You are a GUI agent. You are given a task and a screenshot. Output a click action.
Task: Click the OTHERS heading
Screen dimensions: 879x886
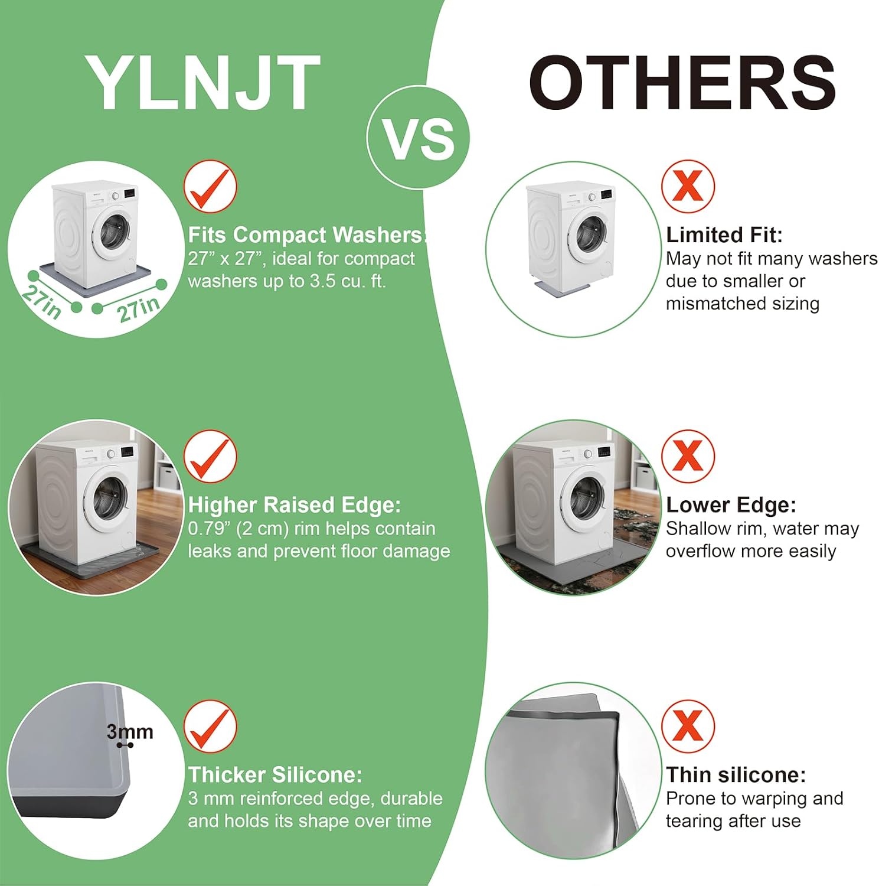pos(682,82)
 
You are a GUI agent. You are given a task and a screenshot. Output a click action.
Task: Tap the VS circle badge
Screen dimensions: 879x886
pos(419,138)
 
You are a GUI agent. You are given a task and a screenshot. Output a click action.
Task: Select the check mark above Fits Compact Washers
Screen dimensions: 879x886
pos(210,187)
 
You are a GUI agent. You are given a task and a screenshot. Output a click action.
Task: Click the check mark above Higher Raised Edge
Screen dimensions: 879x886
pos(210,457)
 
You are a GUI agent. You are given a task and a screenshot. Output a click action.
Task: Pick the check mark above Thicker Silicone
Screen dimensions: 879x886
pos(210,727)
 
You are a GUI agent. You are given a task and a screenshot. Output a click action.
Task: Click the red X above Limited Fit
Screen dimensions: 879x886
pos(688,187)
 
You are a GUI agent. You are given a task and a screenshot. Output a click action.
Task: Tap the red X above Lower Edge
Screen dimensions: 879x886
pos(688,457)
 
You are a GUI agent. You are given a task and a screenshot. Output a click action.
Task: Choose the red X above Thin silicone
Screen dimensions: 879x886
pos(688,727)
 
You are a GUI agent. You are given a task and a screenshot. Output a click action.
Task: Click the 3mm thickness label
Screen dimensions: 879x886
pos(130,732)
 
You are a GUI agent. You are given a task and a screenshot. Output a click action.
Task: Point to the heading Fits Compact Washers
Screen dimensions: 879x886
pos(306,235)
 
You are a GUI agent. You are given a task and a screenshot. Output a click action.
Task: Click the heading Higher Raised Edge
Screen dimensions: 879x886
pos(295,505)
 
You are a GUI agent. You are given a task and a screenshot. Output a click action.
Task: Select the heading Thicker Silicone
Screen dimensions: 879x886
pos(275,774)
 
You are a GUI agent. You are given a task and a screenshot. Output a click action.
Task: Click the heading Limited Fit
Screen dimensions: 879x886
pos(724,235)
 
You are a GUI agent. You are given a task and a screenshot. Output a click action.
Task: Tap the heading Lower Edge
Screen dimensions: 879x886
pos(731,505)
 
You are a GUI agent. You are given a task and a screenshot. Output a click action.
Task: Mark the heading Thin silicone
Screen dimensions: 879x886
pos(736,774)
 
